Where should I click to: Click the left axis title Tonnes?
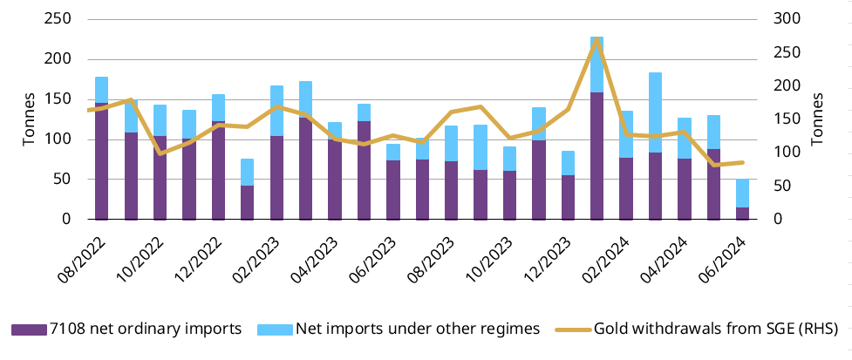(x=28, y=119)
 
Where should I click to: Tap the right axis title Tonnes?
(x=817, y=119)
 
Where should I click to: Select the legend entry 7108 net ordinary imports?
(x=126, y=329)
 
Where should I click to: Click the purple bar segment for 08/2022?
(x=101, y=161)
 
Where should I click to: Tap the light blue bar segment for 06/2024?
(x=742, y=193)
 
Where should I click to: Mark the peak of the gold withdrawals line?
(x=596, y=40)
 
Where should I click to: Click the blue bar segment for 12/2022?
(x=218, y=107)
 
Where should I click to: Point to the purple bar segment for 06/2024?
(x=742, y=213)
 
